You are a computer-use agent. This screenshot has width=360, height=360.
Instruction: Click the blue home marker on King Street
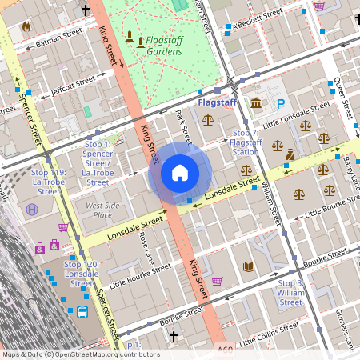(180, 173)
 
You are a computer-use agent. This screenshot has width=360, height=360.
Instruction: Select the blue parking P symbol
(281, 103)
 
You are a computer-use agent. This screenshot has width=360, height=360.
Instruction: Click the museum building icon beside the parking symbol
(256, 104)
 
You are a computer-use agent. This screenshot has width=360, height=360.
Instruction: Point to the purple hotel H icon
(32, 210)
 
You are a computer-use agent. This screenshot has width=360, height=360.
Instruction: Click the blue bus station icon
(82, 312)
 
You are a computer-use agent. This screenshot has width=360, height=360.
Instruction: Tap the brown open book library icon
(248, 266)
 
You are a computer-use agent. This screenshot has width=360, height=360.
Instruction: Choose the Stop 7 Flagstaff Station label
(245, 142)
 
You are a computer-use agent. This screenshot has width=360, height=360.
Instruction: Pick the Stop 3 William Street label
(290, 293)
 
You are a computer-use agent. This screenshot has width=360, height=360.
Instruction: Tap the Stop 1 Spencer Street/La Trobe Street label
(98, 163)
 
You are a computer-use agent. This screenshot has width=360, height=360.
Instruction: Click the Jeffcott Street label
(73, 83)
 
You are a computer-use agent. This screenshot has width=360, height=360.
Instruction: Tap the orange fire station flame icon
(26, 26)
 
